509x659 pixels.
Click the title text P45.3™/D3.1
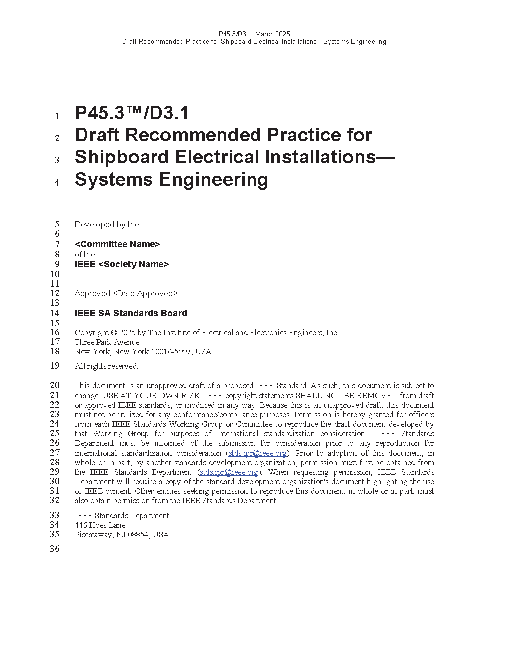[x=132, y=113]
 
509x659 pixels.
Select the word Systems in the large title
[x=113, y=179]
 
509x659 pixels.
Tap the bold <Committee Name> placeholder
[x=117, y=244]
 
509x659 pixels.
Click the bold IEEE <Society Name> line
[x=122, y=264]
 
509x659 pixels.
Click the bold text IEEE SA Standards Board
[x=131, y=313]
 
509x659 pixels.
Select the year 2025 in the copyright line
[x=127, y=333]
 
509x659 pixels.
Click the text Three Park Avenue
[x=107, y=342]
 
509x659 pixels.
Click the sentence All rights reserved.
[x=106, y=366]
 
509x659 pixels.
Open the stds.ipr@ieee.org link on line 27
[x=257, y=453]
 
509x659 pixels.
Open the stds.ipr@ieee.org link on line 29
[x=229, y=472]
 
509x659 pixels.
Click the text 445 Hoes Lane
[x=100, y=525]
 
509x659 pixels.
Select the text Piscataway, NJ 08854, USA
[x=122, y=535]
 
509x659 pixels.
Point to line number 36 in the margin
[x=54, y=549]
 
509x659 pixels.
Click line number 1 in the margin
[x=57, y=116]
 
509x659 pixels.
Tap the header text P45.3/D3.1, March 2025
[x=254, y=34]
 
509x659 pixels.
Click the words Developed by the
[x=107, y=225]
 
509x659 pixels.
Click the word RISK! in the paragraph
[x=191, y=396]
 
